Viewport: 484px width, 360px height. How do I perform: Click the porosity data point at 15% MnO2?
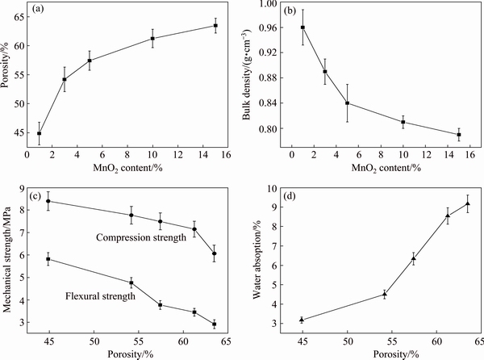(215, 26)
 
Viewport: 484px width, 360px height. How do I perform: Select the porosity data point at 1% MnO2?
(39, 133)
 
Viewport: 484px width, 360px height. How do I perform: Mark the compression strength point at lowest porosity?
(48, 201)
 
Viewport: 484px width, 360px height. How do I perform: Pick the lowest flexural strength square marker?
(214, 324)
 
